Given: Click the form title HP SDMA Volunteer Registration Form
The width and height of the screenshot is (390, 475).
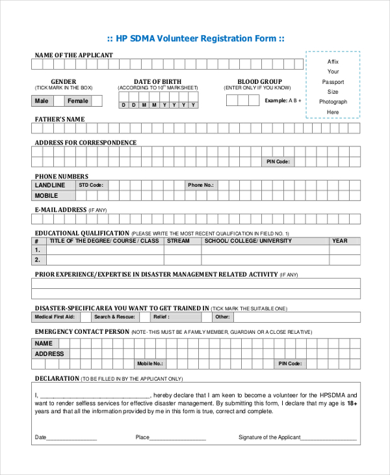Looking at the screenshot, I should pos(196,38).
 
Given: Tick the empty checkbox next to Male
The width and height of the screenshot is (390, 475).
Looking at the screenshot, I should pos(59,101).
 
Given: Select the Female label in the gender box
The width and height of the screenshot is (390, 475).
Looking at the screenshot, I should pos(77,101).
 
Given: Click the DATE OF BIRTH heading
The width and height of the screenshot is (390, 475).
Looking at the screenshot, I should pos(157,82).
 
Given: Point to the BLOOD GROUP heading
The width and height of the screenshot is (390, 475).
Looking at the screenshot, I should pos(259,82).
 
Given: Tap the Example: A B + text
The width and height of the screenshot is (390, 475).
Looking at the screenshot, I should pos(282,100).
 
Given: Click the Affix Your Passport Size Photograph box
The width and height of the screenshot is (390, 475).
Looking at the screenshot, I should pos(333,85).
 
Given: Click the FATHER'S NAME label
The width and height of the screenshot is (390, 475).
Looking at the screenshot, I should pos(59,119).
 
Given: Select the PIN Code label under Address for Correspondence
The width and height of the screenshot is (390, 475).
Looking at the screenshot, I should pos(278,161).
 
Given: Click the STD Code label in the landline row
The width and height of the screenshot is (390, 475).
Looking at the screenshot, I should pos(91,185).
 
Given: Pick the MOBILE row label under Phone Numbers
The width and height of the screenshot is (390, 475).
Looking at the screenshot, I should pos(46,195).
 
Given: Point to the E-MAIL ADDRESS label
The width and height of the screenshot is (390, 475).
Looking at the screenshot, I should pos(60,210).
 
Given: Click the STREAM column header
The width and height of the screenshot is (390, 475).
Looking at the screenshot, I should pos(178,241).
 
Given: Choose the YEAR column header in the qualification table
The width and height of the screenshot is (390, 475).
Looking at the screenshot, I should pos(340,241).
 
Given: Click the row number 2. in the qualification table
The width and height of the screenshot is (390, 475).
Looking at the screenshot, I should pos(37,260).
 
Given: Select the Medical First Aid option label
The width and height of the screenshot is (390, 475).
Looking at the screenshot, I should pos(54,317).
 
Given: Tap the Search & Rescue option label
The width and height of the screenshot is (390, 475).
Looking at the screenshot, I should pos(114,317).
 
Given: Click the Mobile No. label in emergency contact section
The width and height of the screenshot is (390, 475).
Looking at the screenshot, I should pos(149,364).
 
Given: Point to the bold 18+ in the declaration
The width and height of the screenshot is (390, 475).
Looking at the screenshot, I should pos(352,403).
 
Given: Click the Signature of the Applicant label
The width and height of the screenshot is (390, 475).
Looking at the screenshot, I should pos(270,437).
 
